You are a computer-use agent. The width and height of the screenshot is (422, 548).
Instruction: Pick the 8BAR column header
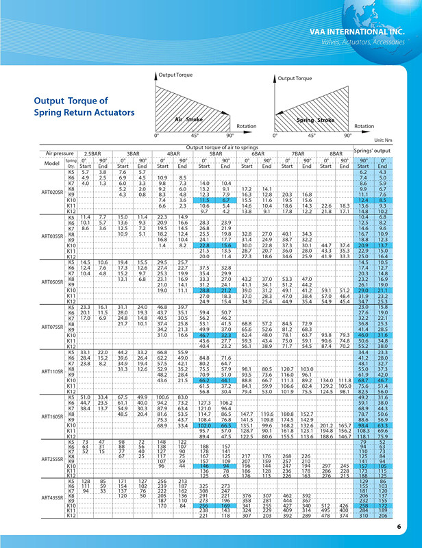(x=336, y=154)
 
